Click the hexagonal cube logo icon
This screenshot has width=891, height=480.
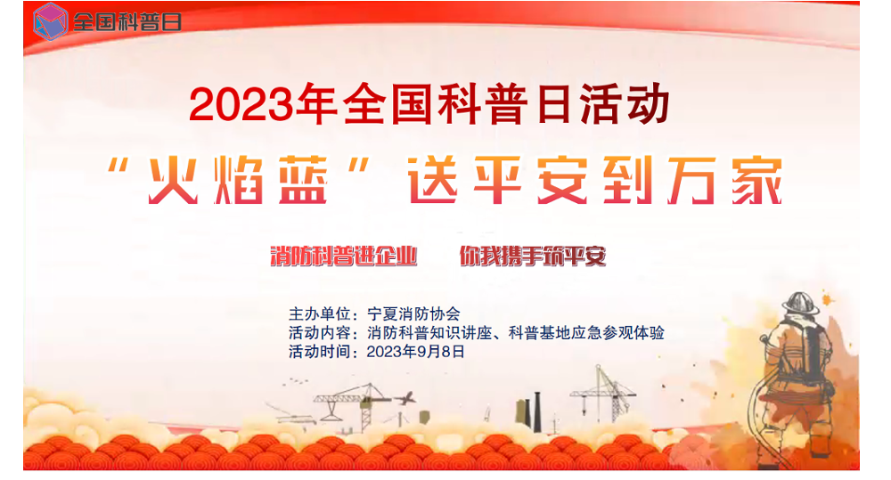pyautogui.click(x=50, y=21)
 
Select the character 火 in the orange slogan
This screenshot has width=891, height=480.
pyautogui.click(x=173, y=181)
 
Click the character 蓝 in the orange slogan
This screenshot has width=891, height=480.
pyautogui.click(x=304, y=181)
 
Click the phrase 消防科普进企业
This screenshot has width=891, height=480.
pyautogui.click(x=343, y=256)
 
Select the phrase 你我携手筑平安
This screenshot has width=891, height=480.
pyautogui.click(x=533, y=256)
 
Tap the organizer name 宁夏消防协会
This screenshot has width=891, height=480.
pyautogui.click(x=413, y=313)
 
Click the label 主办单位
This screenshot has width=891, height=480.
pyautogui.click(x=319, y=313)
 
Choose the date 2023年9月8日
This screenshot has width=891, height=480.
pyautogui.click(x=415, y=352)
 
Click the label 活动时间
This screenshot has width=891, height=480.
pyautogui.click(x=319, y=352)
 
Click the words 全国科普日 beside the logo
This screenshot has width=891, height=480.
pyautogui.click(x=127, y=22)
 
